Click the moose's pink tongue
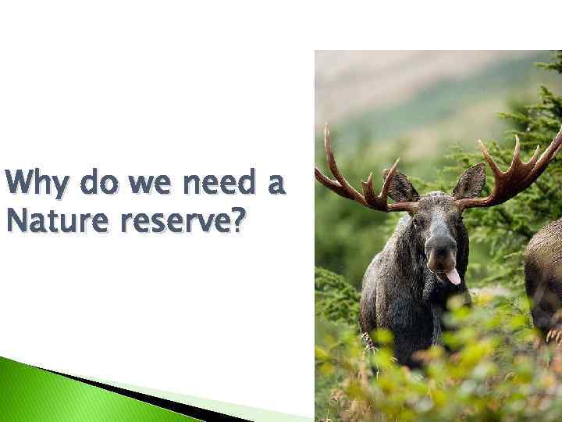[452, 275]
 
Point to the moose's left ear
[471, 181]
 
